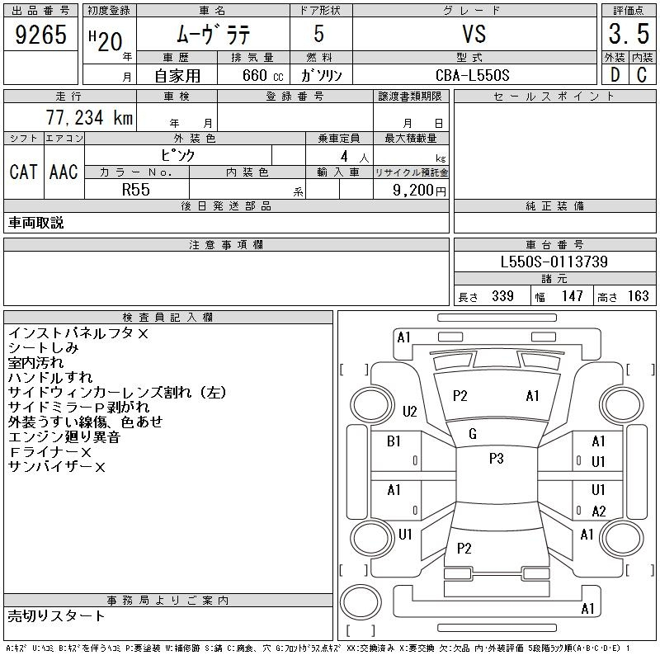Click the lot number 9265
click(x=40, y=35)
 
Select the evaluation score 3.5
click(x=629, y=34)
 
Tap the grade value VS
click(x=474, y=34)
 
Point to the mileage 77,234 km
click(x=89, y=117)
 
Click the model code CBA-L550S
click(x=472, y=75)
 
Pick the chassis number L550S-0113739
click(x=554, y=262)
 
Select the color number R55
click(x=136, y=190)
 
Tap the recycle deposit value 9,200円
click(x=419, y=191)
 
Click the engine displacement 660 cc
click(x=262, y=75)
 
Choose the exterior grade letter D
click(x=615, y=75)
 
